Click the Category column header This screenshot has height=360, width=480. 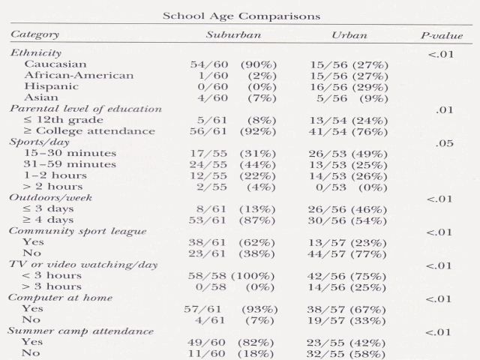pos(35,35)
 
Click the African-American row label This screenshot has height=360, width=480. pos(79,75)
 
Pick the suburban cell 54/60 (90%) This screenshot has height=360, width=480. pos(233,64)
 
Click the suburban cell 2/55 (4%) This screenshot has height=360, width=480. pos(233,186)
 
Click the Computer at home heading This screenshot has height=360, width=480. pos(61,298)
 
